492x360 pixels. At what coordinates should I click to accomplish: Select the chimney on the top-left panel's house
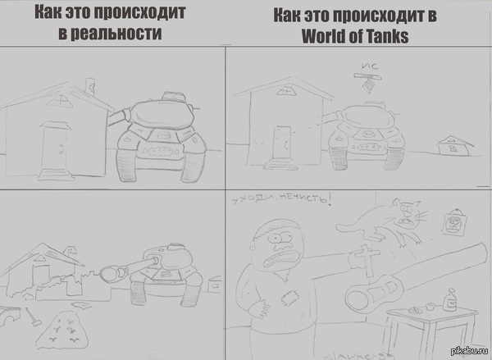click(89, 84)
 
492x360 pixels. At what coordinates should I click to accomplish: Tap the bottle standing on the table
click(449, 302)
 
